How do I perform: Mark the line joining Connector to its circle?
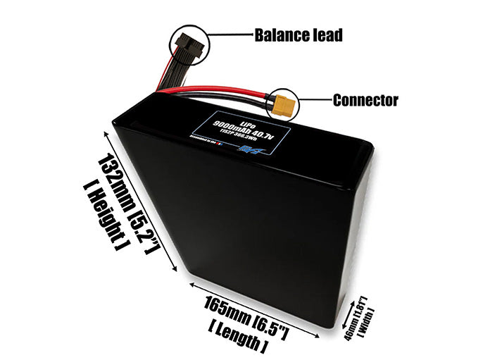point(315,101)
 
